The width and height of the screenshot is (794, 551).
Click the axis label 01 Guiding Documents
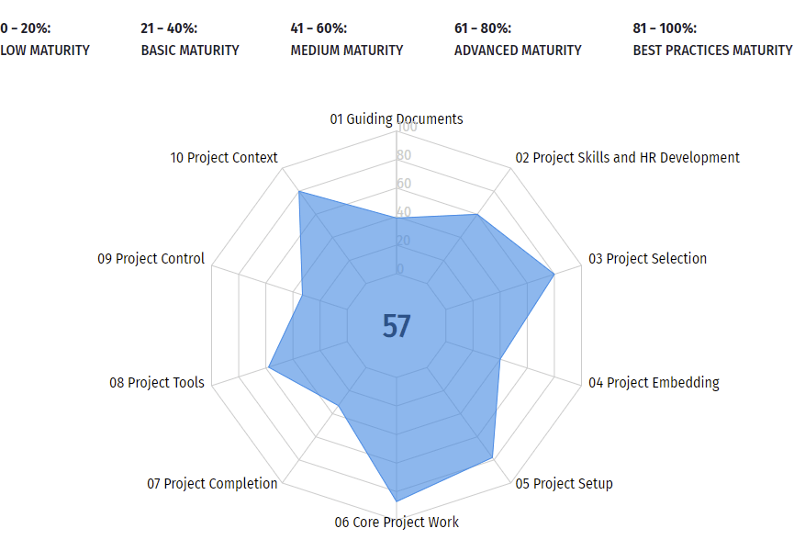pyautogui.click(x=397, y=118)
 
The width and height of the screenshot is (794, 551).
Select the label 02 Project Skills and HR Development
pyautogui.click(x=627, y=157)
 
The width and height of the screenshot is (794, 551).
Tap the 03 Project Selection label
pyautogui.click(x=647, y=258)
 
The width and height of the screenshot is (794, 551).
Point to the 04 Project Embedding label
pyautogui.click(x=654, y=382)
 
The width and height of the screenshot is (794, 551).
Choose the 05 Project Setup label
pyautogui.click(x=564, y=483)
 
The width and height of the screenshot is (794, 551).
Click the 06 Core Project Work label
pyautogui.click(x=397, y=522)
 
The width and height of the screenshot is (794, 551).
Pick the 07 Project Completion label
pyautogui.click(x=212, y=483)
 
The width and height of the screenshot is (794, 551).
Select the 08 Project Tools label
pyautogui.click(x=157, y=382)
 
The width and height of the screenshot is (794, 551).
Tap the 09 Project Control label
pyautogui.click(x=151, y=258)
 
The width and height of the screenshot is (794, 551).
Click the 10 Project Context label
pyautogui.click(x=224, y=157)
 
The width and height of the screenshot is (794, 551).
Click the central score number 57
pyautogui.click(x=397, y=326)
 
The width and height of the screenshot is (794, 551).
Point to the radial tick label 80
pyautogui.click(x=404, y=155)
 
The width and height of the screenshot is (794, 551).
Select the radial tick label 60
pyautogui.click(x=404, y=184)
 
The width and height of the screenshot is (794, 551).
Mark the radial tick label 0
pyautogui.click(x=399, y=269)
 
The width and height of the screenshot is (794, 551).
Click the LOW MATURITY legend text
pyautogui.click(x=45, y=50)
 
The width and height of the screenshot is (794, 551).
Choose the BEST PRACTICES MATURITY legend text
pyautogui.click(x=712, y=50)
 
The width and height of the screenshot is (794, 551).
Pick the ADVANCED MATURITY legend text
pyautogui.click(x=518, y=50)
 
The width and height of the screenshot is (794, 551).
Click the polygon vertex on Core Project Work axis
pyautogui.click(x=397, y=500)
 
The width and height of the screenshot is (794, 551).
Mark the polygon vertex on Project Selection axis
pyautogui.click(x=554, y=274)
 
